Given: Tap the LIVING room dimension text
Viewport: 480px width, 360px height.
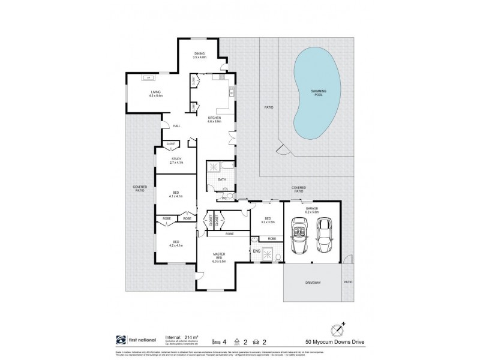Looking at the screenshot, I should (x=155, y=95).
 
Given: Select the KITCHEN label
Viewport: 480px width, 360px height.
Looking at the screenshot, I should (x=214, y=117).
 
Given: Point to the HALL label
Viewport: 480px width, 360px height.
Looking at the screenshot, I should (x=176, y=126).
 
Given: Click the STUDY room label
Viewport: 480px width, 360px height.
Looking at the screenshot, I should (x=176, y=159).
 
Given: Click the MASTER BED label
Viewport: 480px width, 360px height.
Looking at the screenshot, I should (x=218, y=255).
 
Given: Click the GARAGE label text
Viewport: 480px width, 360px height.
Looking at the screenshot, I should (x=310, y=208).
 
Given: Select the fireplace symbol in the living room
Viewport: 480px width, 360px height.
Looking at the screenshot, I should (x=147, y=77).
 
